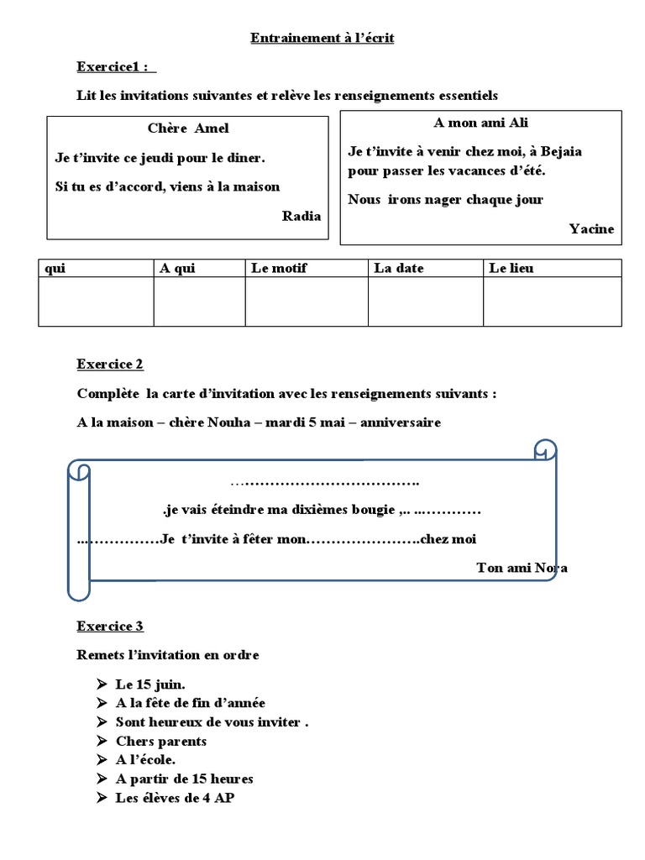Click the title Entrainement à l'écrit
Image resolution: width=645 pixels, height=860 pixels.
click(322, 39)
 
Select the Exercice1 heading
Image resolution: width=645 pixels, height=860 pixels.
click(115, 66)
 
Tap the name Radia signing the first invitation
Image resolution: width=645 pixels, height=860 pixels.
click(301, 216)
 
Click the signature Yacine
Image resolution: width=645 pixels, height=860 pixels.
click(591, 228)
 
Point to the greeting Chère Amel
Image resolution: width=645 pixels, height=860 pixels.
click(187, 128)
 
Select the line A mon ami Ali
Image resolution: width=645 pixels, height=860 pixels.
click(480, 123)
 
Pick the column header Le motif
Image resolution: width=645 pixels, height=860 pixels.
click(279, 269)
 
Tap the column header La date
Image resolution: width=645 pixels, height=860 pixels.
click(399, 269)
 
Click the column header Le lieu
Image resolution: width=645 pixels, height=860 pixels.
click(511, 269)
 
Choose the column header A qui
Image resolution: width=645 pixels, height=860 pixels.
click(176, 269)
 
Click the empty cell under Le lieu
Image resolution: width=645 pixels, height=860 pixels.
click(552, 302)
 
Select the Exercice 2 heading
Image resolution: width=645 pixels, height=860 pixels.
click(110, 364)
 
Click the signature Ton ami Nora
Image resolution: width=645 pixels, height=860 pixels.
click(521, 568)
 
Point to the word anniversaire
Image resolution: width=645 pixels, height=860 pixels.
click(401, 422)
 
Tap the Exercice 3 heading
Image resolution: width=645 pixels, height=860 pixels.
click(110, 627)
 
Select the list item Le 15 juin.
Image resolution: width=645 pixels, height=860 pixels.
click(150, 684)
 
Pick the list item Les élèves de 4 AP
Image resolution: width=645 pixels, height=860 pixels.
click(175, 798)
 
